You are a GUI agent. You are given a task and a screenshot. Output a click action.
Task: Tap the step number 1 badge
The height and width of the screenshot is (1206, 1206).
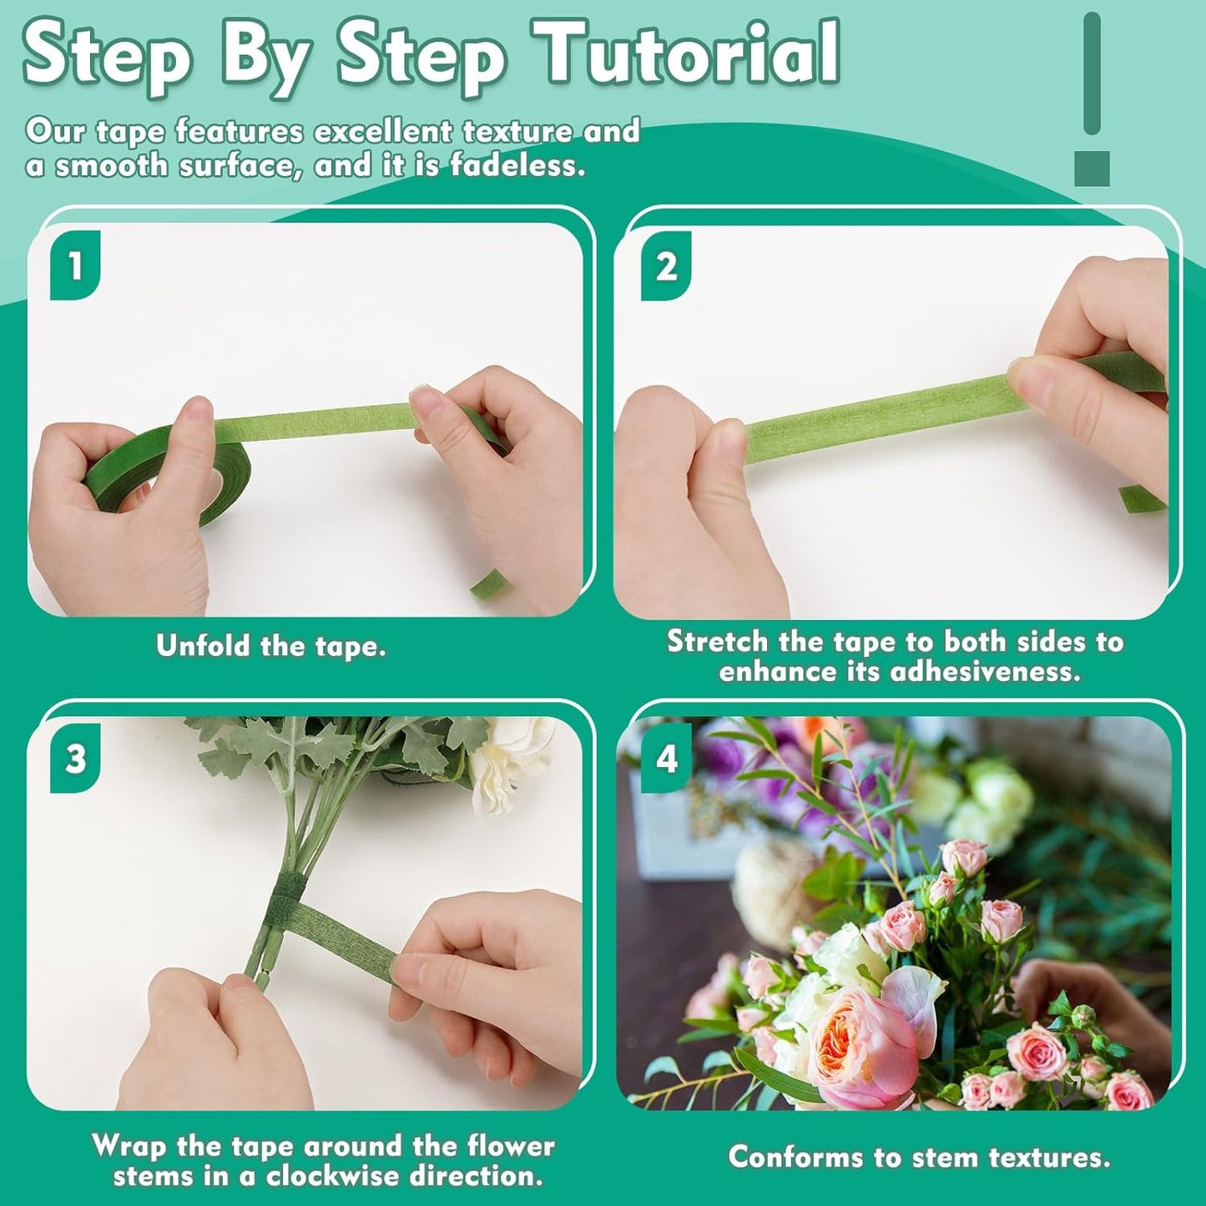pos(75,266)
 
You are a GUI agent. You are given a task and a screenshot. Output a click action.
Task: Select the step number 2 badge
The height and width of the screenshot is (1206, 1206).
pos(666,267)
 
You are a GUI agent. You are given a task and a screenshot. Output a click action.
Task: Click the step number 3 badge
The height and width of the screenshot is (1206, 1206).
pos(75,759)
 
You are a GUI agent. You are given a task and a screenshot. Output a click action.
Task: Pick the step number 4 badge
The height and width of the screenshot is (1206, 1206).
pos(666,759)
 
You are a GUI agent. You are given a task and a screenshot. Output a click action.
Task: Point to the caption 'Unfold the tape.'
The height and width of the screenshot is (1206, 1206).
pos(271,646)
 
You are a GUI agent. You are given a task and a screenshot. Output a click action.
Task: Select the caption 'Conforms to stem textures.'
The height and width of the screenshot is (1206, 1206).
pos(919,1158)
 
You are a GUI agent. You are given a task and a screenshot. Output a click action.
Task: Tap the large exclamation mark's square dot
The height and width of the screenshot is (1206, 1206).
pos(1092,169)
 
